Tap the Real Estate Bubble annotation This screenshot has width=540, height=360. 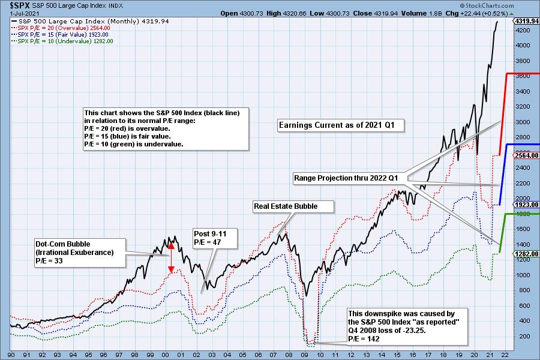pos(293,206)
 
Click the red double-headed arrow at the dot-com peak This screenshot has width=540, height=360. pos(170,257)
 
